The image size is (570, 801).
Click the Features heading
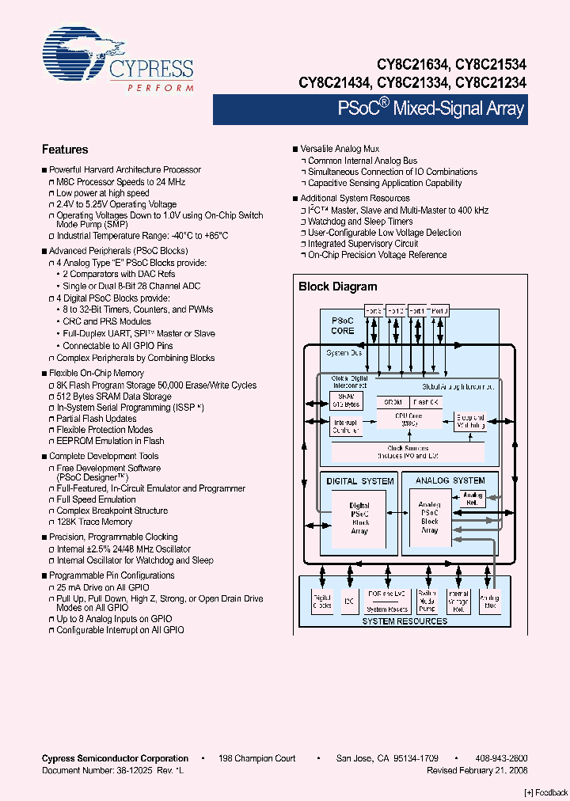pyautogui.click(x=64, y=150)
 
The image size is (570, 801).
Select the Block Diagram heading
pyautogui.click(x=337, y=287)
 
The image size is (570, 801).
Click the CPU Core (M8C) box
pyautogui.click(x=408, y=419)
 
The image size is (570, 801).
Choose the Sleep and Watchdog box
pyautogui.click(x=469, y=422)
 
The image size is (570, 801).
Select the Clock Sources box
pyautogui.click(x=408, y=452)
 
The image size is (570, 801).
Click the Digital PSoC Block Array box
pyautogui.click(x=359, y=518)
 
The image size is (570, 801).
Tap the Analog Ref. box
pyautogui.click(x=473, y=499)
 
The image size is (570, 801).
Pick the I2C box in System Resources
pyautogui.click(x=348, y=602)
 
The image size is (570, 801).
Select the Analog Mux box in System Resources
pyautogui.click(x=490, y=602)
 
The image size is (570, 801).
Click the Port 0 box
pyautogui.click(x=439, y=311)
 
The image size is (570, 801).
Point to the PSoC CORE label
pyautogui.click(x=342, y=325)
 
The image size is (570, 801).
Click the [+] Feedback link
pyautogui.click(x=545, y=792)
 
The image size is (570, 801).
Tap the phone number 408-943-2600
pyautogui.click(x=501, y=758)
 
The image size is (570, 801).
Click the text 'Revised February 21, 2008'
pyautogui.click(x=477, y=769)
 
